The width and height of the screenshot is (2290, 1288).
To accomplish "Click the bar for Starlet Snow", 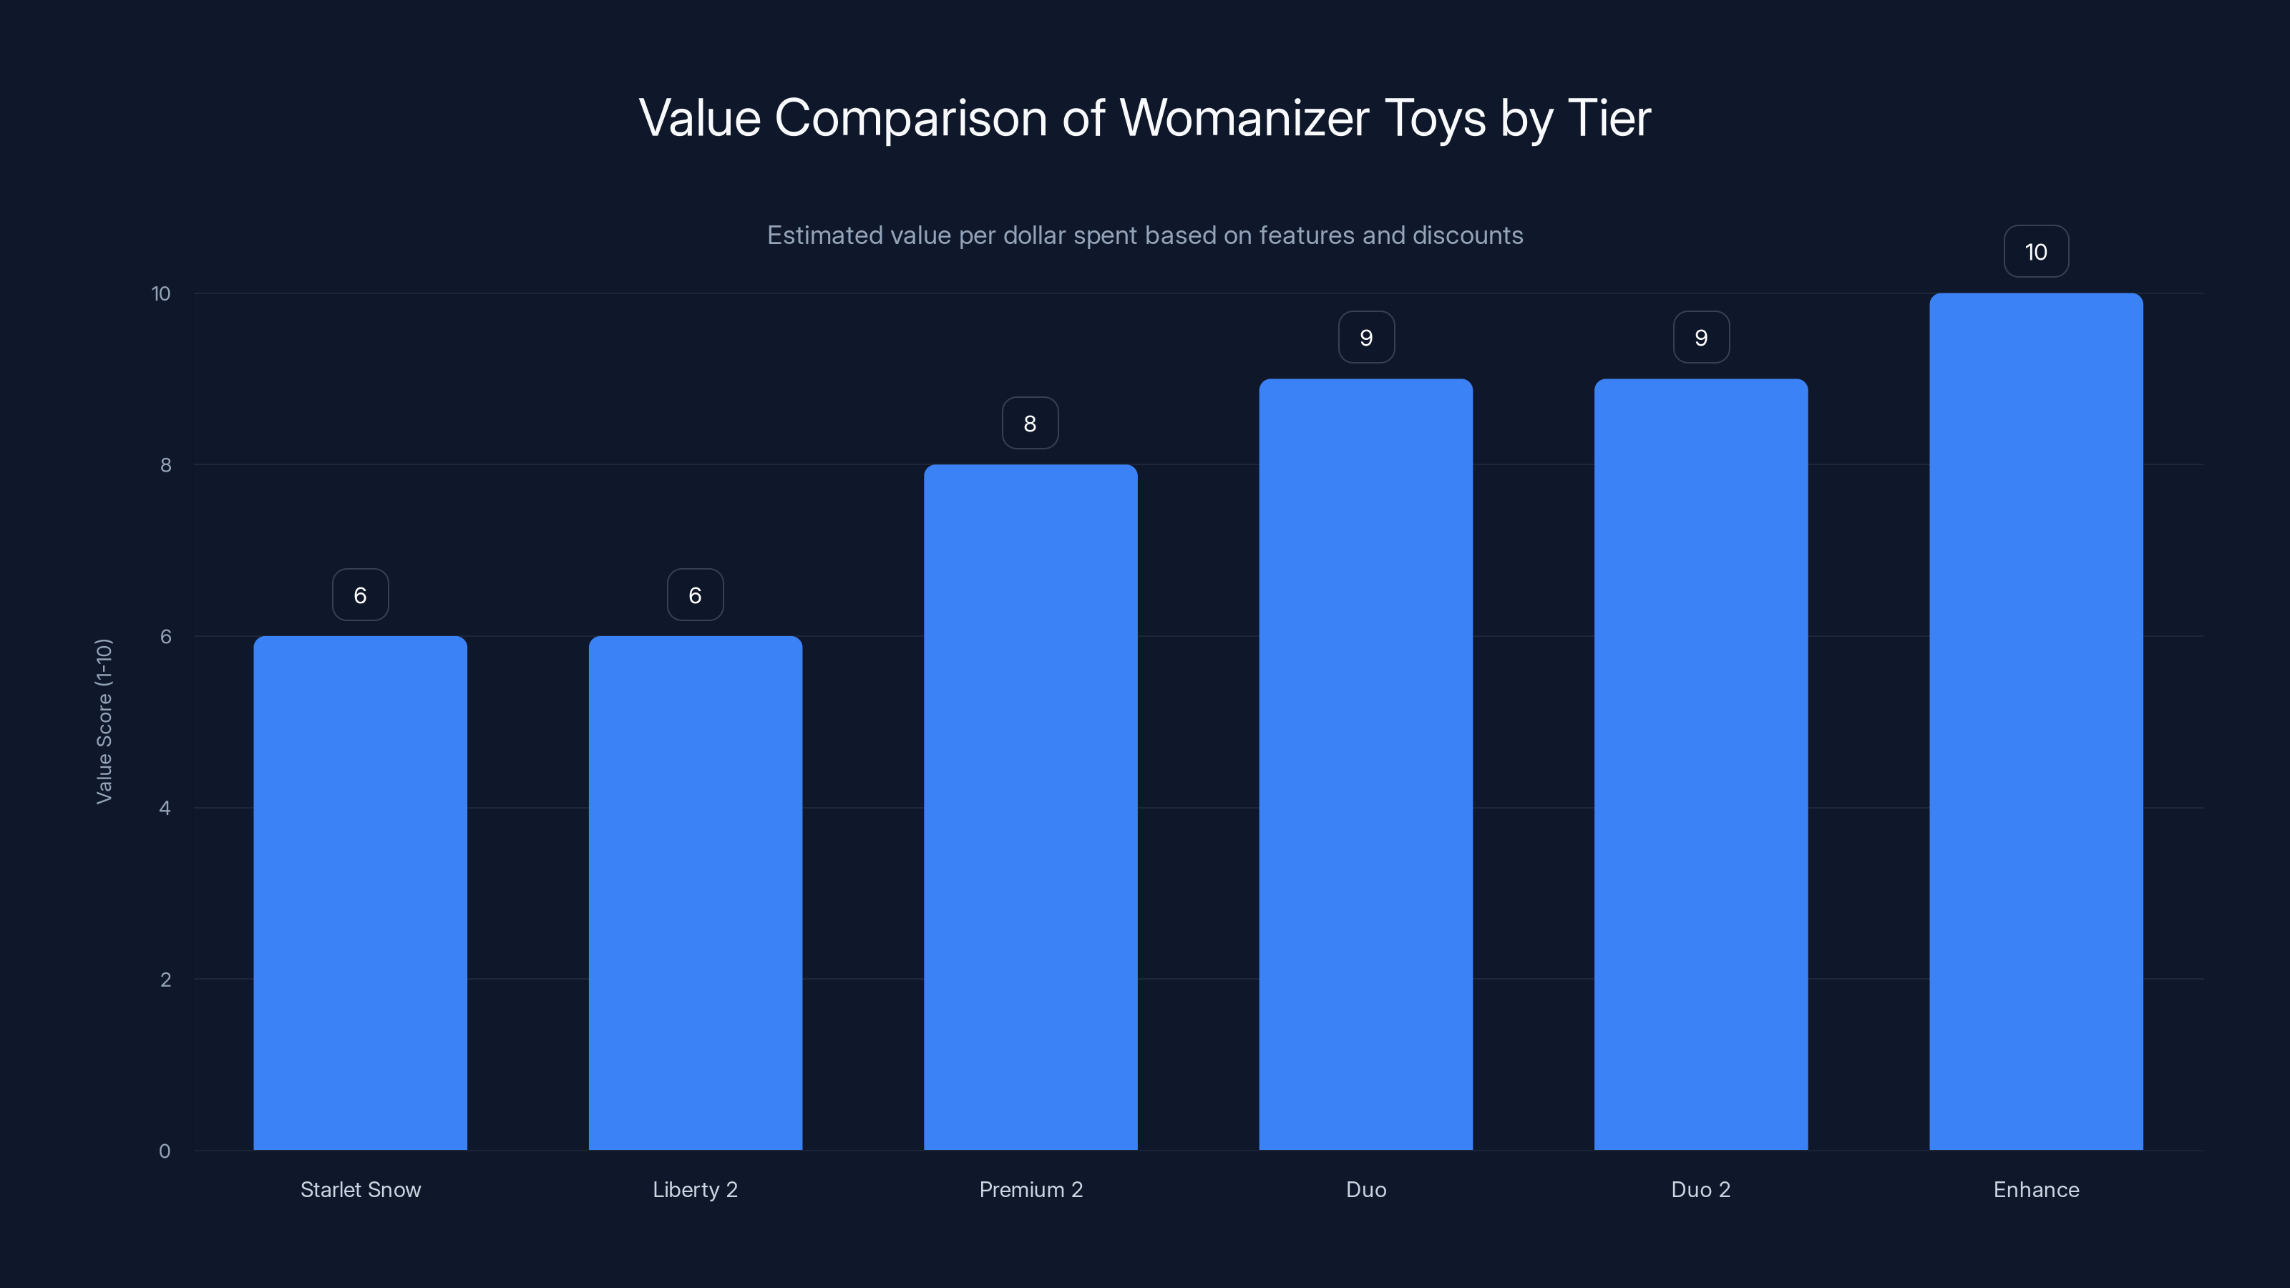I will pos(360,892).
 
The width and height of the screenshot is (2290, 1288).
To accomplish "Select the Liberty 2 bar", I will pos(695,892).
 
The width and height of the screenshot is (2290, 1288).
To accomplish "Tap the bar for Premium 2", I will pos(1030,807).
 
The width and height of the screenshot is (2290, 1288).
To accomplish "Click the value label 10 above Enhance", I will pos(2036,252).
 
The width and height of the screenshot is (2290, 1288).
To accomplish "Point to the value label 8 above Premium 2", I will pos(1030,423).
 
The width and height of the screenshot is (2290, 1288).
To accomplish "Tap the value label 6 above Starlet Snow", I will pos(360,595).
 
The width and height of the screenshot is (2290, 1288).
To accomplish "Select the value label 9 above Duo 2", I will pos(1700,338).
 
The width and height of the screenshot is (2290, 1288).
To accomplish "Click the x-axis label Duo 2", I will pos(1700,1189).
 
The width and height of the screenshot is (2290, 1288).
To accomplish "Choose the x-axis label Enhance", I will pos(2036,1189).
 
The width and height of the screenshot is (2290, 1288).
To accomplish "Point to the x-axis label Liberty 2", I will pos(695,1189).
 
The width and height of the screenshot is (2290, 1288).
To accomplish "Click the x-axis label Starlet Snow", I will pos(360,1189).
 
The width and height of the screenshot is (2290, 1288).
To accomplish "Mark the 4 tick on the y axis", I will pos(165,808).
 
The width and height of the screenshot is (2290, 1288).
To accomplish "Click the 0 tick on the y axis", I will pos(165,1151).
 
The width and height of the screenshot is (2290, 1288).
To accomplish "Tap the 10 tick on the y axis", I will pos(161,293).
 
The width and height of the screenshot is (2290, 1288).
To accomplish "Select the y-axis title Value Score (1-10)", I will pos(104,721).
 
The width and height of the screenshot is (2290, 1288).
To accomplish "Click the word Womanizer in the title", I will pos(1244,118).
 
